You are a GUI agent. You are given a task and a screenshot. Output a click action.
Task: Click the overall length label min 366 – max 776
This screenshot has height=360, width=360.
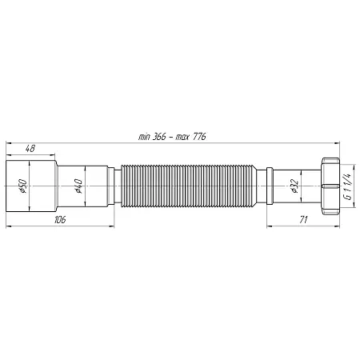(172, 137)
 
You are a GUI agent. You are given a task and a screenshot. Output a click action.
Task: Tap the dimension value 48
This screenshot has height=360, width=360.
(30, 149)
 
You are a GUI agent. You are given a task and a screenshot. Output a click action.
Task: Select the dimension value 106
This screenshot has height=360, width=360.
(60, 220)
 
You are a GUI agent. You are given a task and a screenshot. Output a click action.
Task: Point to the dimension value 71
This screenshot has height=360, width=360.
(303, 220)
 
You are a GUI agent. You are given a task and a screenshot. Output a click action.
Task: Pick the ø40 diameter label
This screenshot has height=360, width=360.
(78, 186)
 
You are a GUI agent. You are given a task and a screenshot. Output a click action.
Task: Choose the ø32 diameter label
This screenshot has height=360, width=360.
(294, 186)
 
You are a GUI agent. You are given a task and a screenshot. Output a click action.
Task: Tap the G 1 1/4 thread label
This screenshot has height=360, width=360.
(348, 186)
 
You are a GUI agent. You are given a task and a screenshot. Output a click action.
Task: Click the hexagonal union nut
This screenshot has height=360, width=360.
(330, 186)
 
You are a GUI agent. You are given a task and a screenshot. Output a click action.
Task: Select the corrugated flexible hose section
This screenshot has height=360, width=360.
(189, 186)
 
